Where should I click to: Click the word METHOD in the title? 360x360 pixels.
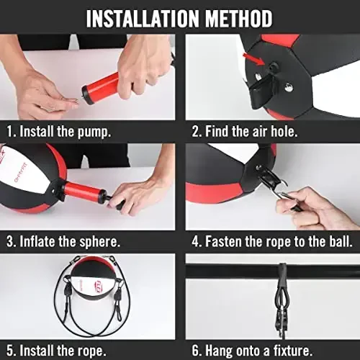coord(238,18)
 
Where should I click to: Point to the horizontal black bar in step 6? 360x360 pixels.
coord(230,271)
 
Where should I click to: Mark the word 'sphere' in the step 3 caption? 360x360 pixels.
coord(117,241)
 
